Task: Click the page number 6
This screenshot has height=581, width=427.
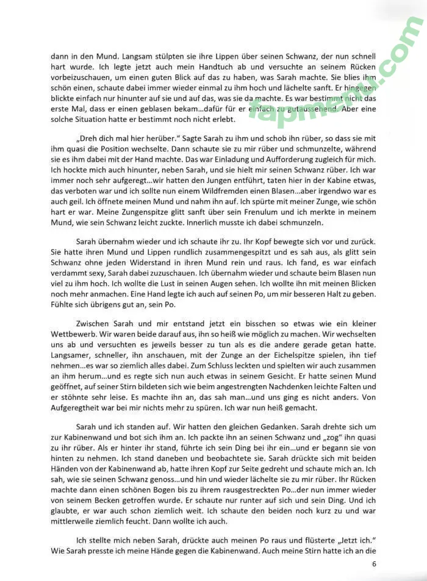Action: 374,564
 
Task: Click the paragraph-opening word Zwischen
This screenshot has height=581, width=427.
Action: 95,323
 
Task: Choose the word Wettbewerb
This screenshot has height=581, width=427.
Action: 76,334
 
